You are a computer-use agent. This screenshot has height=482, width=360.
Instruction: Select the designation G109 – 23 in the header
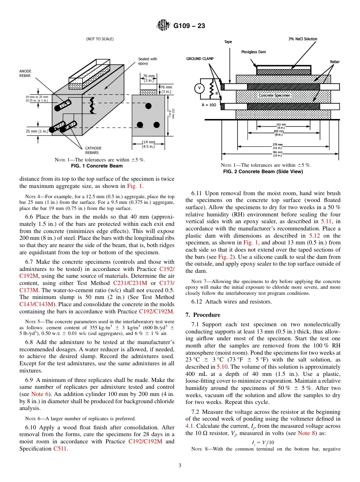(x=189, y=26)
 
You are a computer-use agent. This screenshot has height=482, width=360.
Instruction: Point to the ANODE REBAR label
(x=25, y=74)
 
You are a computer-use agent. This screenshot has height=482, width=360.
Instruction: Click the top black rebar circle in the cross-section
(x=149, y=105)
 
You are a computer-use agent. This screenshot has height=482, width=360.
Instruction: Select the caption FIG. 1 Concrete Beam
(x=97, y=166)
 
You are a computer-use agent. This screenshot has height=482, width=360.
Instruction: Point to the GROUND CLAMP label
(x=200, y=59)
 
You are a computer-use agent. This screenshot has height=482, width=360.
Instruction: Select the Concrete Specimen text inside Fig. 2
(x=274, y=95)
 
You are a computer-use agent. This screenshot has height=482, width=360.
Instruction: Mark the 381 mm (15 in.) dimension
(x=278, y=153)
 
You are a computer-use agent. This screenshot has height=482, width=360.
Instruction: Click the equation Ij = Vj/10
(x=263, y=443)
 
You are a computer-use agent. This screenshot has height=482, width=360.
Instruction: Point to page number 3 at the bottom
(x=180, y=465)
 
